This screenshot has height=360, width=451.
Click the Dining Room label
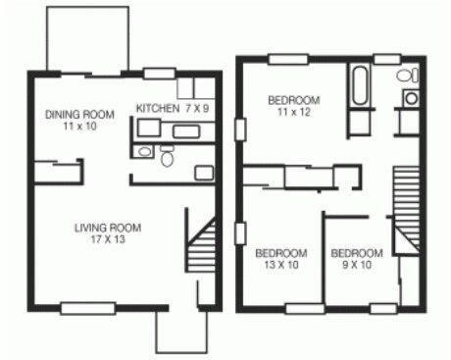coord(79,113)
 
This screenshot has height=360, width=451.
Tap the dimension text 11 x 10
coord(79,127)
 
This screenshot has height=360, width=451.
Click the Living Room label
coord(108,228)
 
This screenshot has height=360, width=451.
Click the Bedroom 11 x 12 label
coord(294,100)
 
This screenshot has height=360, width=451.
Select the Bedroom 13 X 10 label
coord(281,253)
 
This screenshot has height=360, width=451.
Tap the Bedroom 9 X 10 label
coord(356,253)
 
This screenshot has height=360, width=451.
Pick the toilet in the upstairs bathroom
coord(405,77)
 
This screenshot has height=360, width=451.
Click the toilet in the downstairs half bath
coord(168,156)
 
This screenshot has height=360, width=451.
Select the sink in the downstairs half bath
coord(144,152)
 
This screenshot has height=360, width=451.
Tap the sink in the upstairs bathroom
coord(411,98)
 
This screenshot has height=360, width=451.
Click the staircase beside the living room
coord(202,245)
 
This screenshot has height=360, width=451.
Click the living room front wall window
coord(81,309)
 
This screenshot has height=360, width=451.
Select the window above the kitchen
coord(160,72)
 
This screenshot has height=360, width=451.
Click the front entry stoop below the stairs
coord(181,333)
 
